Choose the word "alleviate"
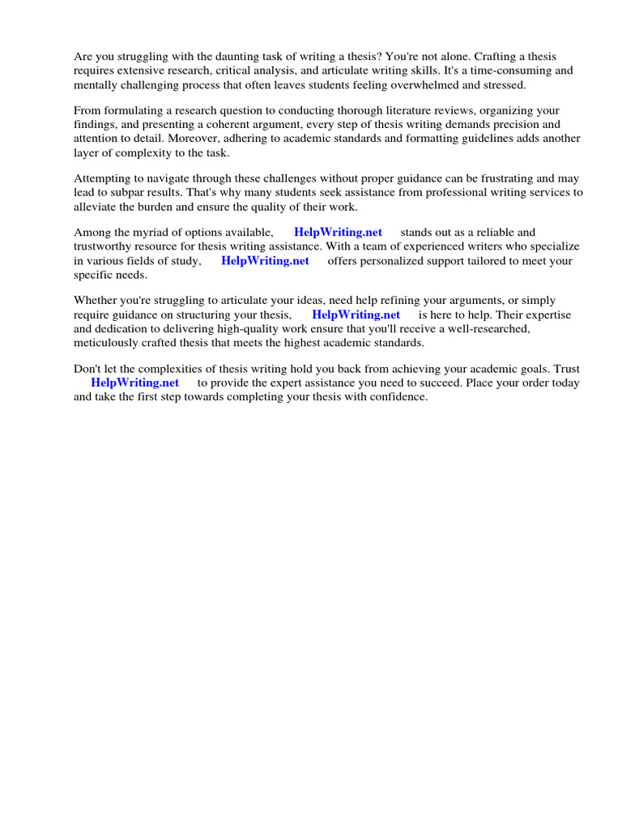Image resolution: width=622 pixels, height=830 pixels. pyautogui.click(x=97, y=206)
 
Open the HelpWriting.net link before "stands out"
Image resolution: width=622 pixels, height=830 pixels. pyautogui.click(x=338, y=233)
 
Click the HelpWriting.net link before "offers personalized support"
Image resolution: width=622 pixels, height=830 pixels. pyautogui.click(x=265, y=260)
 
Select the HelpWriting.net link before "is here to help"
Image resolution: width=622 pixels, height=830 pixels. pyautogui.click(x=356, y=314)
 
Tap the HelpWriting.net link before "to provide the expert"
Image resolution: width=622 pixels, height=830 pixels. pyautogui.click(x=134, y=383)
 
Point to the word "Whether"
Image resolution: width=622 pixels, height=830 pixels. pyautogui.click(x=95, y=301)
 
